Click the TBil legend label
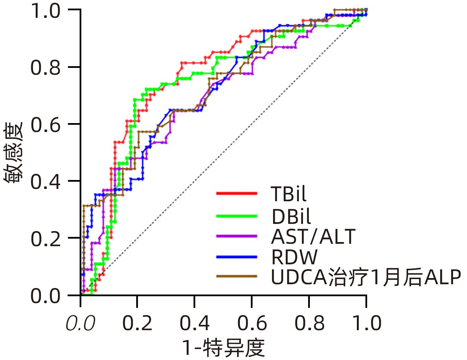point(288,194)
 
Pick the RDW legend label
point(294,257)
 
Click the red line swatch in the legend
point(236,193)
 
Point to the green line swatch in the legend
point(236,216)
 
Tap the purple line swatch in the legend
point(236,236)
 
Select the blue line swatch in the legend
point(236,256)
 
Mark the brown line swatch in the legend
point(236,276)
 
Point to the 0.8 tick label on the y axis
point(46,67)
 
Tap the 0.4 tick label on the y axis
point(46,181)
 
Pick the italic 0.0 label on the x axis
point(80,323)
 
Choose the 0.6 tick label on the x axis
point(252,323)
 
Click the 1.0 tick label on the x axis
point(366,323)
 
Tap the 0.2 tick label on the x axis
point(137,323)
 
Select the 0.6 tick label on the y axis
point(46,124)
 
